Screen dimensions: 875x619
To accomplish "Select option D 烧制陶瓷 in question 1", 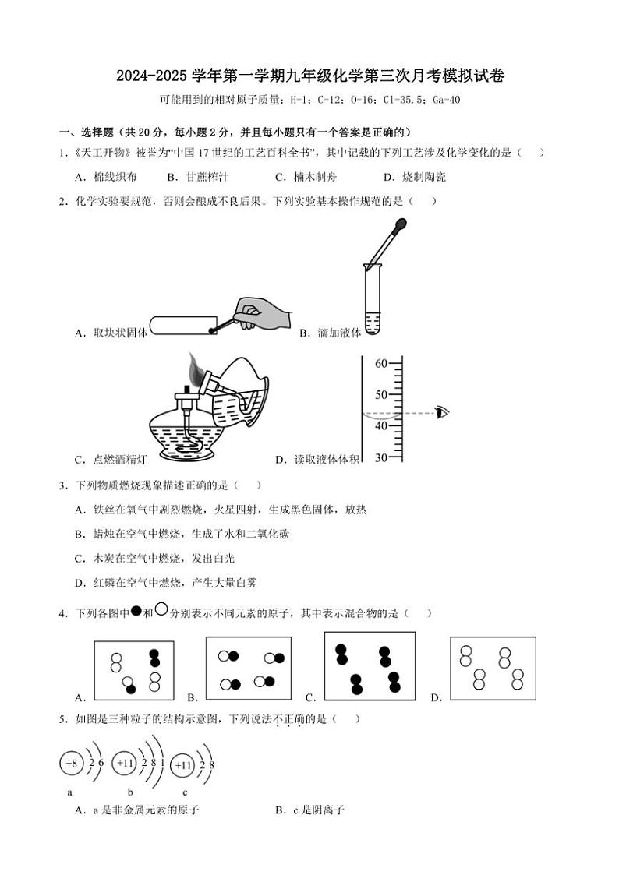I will pos(414,177).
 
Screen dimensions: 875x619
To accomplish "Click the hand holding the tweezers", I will pos(261,313).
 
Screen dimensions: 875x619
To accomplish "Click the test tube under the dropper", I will pos(372,300).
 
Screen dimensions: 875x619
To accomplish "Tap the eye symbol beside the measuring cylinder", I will pos(443,412).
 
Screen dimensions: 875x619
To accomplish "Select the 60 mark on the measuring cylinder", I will pos(380,363).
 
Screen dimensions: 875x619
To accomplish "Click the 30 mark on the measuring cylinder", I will pos(380,457).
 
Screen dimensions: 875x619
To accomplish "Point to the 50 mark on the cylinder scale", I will pos(380,394).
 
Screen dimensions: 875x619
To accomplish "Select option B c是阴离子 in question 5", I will pos(309,810).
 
